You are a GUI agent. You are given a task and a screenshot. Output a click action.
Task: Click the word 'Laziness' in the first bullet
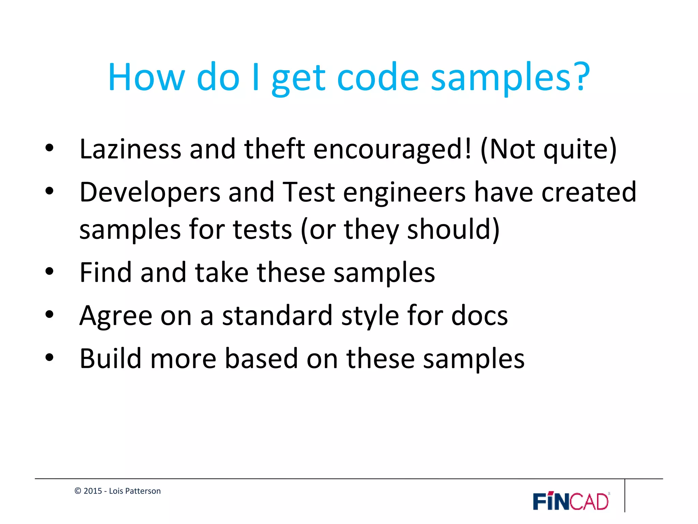pyautogui.click(x=130, y=149)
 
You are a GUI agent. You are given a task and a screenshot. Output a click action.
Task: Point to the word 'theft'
pyautogui.click(x=274, y=149)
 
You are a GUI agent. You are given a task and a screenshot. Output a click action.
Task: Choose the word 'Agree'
pyautogui.click(x=116, y=316)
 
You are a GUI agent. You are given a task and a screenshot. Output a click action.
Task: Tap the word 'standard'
pyautogui.click(x=277, y=316)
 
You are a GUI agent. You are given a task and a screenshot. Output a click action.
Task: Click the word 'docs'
pyautogui.click(x=479, y=316)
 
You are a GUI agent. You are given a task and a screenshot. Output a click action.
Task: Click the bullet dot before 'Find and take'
pyautogui.click(x=49, y=272)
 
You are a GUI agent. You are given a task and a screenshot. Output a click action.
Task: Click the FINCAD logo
pyautogui.click(x=571, y=501)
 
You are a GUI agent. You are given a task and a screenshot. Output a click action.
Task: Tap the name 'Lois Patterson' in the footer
pyautogui.click(x=135, y=491)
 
